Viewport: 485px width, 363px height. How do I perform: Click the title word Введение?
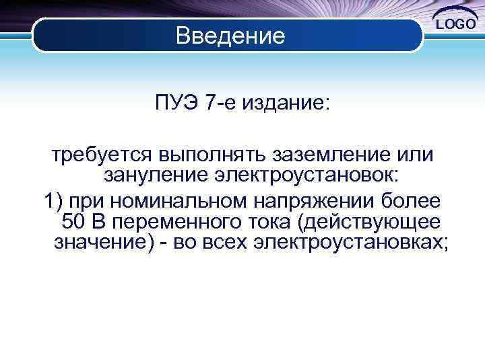230,35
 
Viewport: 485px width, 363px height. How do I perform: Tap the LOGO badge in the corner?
456,24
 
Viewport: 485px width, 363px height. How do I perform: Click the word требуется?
100,155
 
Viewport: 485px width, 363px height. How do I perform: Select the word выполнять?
214,155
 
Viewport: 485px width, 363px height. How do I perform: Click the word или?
416,155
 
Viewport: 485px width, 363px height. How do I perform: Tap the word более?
412,200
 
